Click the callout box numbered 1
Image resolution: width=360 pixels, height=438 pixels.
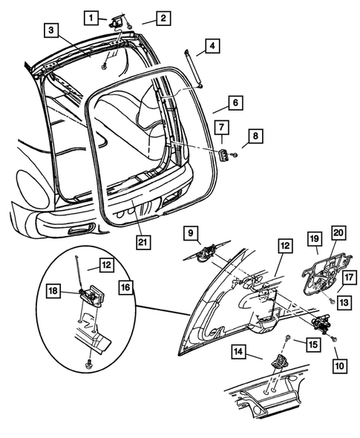pos(90,17)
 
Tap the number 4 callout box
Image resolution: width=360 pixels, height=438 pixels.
pos(212,47)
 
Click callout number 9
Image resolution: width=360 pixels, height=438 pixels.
pos(191,232)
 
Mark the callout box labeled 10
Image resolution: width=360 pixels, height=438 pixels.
pos(341,365)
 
